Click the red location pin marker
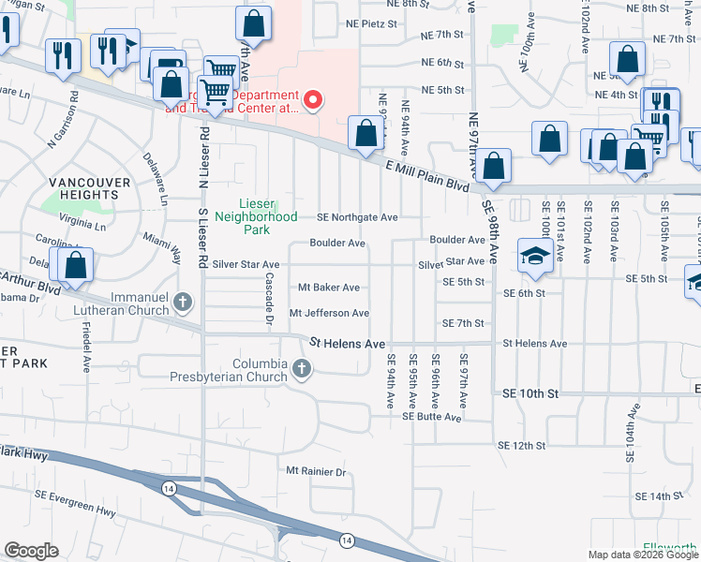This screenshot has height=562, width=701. tap(314, 97)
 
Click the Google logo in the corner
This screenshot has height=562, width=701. tap(31, 551)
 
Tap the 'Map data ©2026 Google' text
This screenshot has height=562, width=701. tap(642, 555)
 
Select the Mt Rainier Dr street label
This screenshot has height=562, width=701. tap(317, 472)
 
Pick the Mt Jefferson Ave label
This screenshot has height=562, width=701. tap(329, 313)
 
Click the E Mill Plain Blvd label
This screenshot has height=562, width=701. tap(427, 175)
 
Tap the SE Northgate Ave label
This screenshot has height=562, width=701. tap(357, 217)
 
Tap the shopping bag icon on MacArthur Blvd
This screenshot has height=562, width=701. tap(76, 266)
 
